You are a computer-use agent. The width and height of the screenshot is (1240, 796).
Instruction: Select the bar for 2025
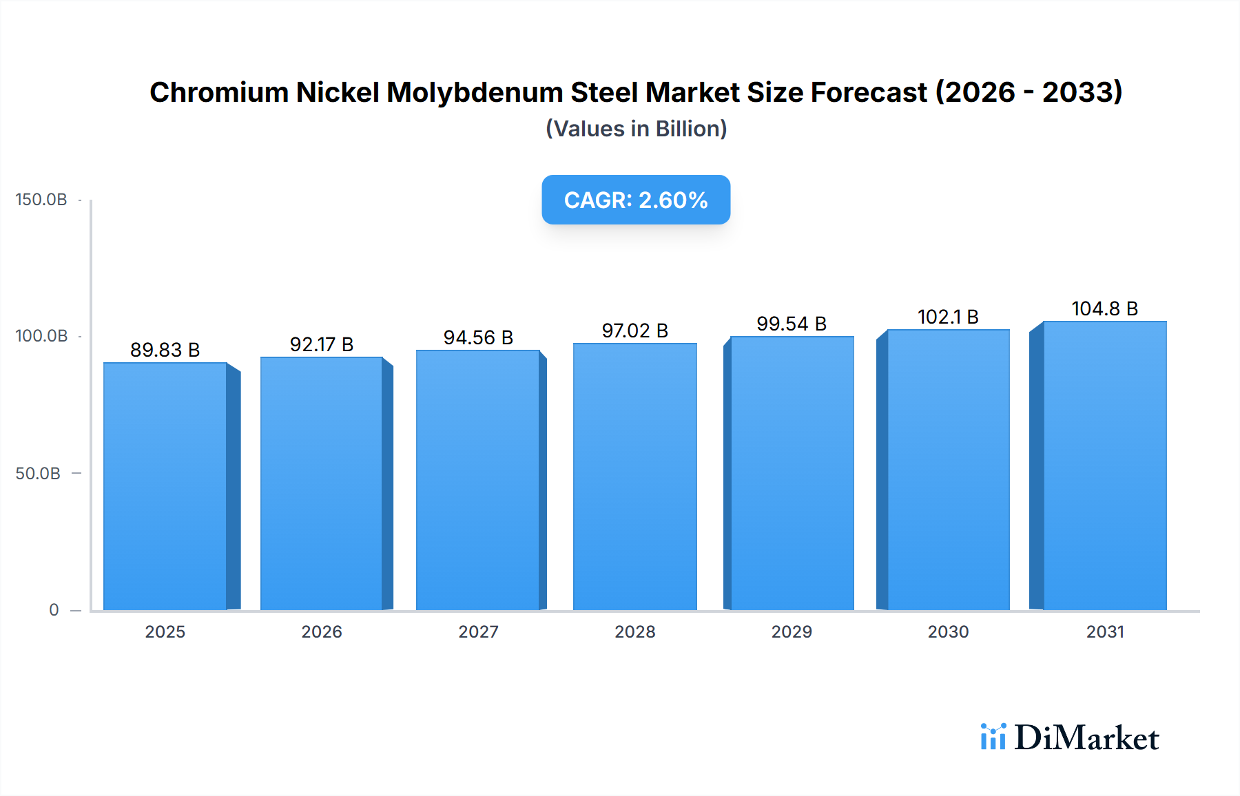[x=165, y=486]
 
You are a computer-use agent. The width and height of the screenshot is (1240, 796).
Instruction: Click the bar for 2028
[x=634, y=476]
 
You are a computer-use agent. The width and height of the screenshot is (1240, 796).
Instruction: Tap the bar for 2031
[x=1104, y=465]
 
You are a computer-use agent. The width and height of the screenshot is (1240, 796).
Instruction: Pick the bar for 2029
[x=792, y=473]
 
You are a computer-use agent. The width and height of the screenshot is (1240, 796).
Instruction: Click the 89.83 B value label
[x=165, y=350]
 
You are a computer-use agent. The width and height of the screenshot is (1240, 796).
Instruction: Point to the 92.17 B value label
[x=322, y=344]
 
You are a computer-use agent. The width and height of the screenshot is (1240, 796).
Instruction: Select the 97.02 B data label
[x=634, y=331]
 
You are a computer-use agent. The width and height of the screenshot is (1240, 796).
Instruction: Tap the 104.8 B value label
[x=1104, y=308]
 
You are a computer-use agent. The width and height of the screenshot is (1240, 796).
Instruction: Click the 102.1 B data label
[x=948, y=317]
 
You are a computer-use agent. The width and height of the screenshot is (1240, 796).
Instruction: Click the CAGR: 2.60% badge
[x=636, y=200]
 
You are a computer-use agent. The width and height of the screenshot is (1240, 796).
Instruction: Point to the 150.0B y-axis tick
[x=41, y=200]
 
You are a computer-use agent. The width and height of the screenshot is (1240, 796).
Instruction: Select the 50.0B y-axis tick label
[x=38, y=474]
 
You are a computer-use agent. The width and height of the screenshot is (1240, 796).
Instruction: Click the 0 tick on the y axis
[x=54, y=610]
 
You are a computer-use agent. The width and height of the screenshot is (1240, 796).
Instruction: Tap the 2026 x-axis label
[x=322, y=631]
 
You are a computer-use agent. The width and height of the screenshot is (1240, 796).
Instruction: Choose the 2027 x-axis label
[x=478, y=631]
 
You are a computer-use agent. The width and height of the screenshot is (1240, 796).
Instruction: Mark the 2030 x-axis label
[x=948, y=631]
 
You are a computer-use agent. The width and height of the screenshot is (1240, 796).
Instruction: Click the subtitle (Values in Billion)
[x=636, y=129]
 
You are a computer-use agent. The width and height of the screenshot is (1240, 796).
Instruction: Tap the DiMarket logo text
[x=1086, y=738]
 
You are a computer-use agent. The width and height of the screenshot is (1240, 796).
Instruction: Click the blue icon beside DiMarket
[x=993, y=737]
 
